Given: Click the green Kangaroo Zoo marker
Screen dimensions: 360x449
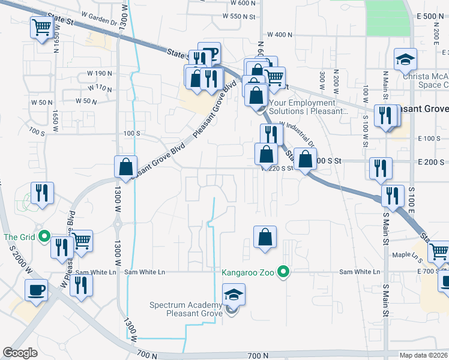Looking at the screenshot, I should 286,272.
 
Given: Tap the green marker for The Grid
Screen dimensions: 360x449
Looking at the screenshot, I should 43,236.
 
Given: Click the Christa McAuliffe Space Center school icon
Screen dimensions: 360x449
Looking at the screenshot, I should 406,60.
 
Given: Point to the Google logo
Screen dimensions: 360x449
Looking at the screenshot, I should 20,353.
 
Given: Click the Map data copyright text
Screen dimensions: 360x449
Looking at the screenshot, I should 424,355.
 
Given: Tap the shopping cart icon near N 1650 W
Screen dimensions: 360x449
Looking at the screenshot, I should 41,28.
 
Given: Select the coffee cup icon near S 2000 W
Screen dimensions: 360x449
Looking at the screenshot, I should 37,291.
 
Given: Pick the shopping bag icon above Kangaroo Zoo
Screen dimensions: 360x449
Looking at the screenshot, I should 265,238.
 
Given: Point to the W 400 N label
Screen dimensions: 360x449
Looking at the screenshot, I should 280,35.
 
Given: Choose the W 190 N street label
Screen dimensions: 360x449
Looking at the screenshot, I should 100,73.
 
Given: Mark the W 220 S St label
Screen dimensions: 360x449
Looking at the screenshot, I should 278,169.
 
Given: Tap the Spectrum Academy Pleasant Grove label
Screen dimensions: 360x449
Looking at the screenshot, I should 186,309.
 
